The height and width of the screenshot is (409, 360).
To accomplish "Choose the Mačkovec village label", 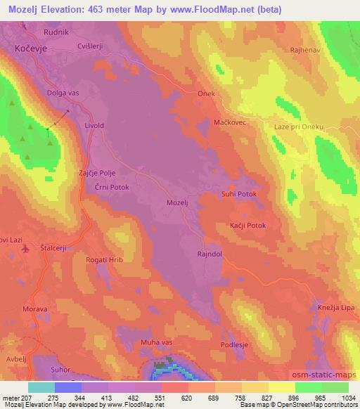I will [229, 122].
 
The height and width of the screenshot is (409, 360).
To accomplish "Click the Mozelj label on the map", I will [178, 202].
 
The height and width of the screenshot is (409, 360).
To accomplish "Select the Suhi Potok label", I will [239, 194].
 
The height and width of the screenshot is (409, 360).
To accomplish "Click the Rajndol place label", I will [210, 254].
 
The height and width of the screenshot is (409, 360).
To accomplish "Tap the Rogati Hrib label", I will [104, 260].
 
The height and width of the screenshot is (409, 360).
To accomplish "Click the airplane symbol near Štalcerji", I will [26, 248].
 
